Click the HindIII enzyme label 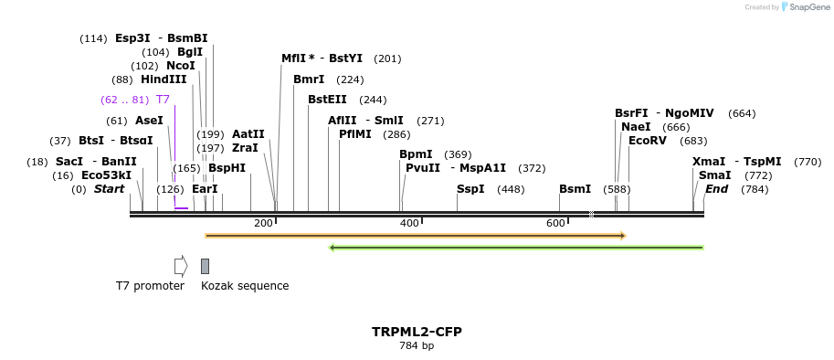click(x=164, y=79)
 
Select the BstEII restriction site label click(x=327, y=100)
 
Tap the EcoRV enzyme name click(x=648, y=141)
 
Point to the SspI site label click(x=470, y=189)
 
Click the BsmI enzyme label click(x=575, y=189)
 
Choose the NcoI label click(x=181, y=66)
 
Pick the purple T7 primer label click(x=163, y=100)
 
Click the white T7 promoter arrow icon click(x=181, y=266)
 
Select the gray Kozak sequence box click(x=205, y=266)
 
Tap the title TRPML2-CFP click(x=417, y=332)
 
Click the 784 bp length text click(x=417, y=345)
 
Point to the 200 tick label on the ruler click(x=263, y=224)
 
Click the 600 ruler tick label click(x=555, y=224)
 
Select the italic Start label click(x=109, y=189)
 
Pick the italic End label click(x=716, y=189)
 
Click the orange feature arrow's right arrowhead click(x=622, y=236)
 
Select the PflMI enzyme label click(x=355, y=134)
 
